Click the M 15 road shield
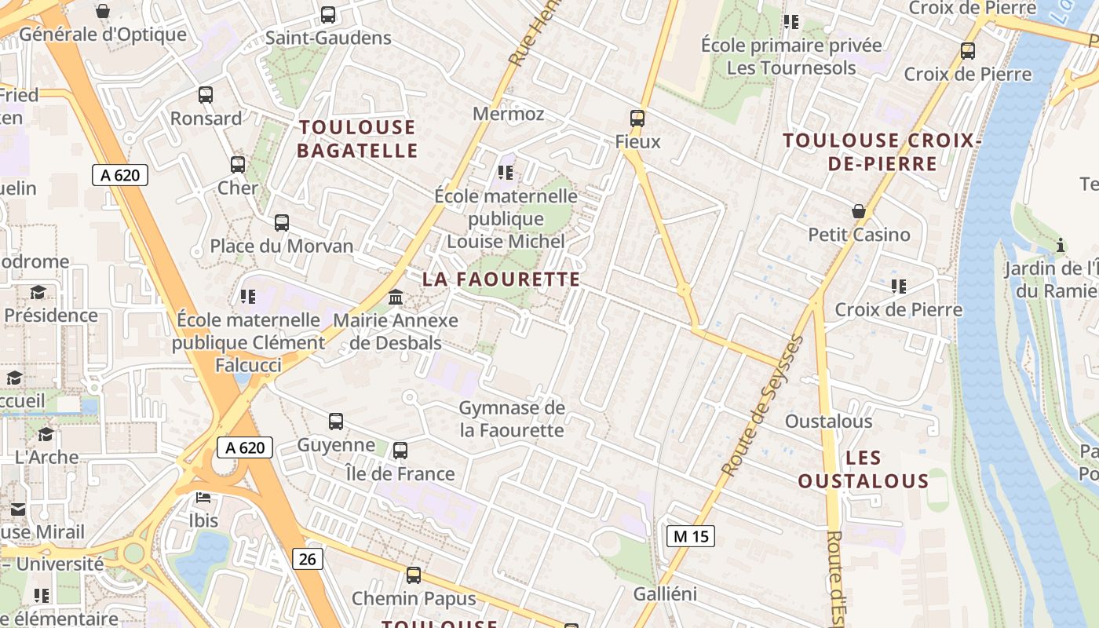pyautogui.click(x=691, y=536)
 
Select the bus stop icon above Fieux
pyautogui.click(x=637, y=119)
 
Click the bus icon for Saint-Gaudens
pyautogui.click(x=328, y=15)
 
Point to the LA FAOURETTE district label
pyautogui.click(x=502, y=279)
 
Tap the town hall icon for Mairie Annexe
pyautogui.click(x=396, y=298)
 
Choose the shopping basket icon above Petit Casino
pyautogui.click(x=859, y=211)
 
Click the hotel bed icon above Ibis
pyautogui.click(x=203, y=498)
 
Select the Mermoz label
pyautogui.click(x=508, y=114)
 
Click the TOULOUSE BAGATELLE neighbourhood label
pyautogui.click(x=356, y=138)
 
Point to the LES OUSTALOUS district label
pyautogui.click(x=863, y=469)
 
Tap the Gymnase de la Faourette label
pyautogui.click(x=511, y=419)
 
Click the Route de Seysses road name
pyautogui.click(x=763, y=405)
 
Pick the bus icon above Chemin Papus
pyautogui.click(x=414, y=575)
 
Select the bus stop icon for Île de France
pyautogui.click(x=400, y=451)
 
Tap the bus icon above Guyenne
pyautogui.click(x=336, y=422)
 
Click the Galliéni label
pyautogui.click(x=665, y=594)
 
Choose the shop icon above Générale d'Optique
pyautogui.click(x=103, y=11)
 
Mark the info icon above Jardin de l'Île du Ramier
pyautogui.click(x=1061, y=245)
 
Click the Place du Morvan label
pyautogui.click(x=282, y=246)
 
